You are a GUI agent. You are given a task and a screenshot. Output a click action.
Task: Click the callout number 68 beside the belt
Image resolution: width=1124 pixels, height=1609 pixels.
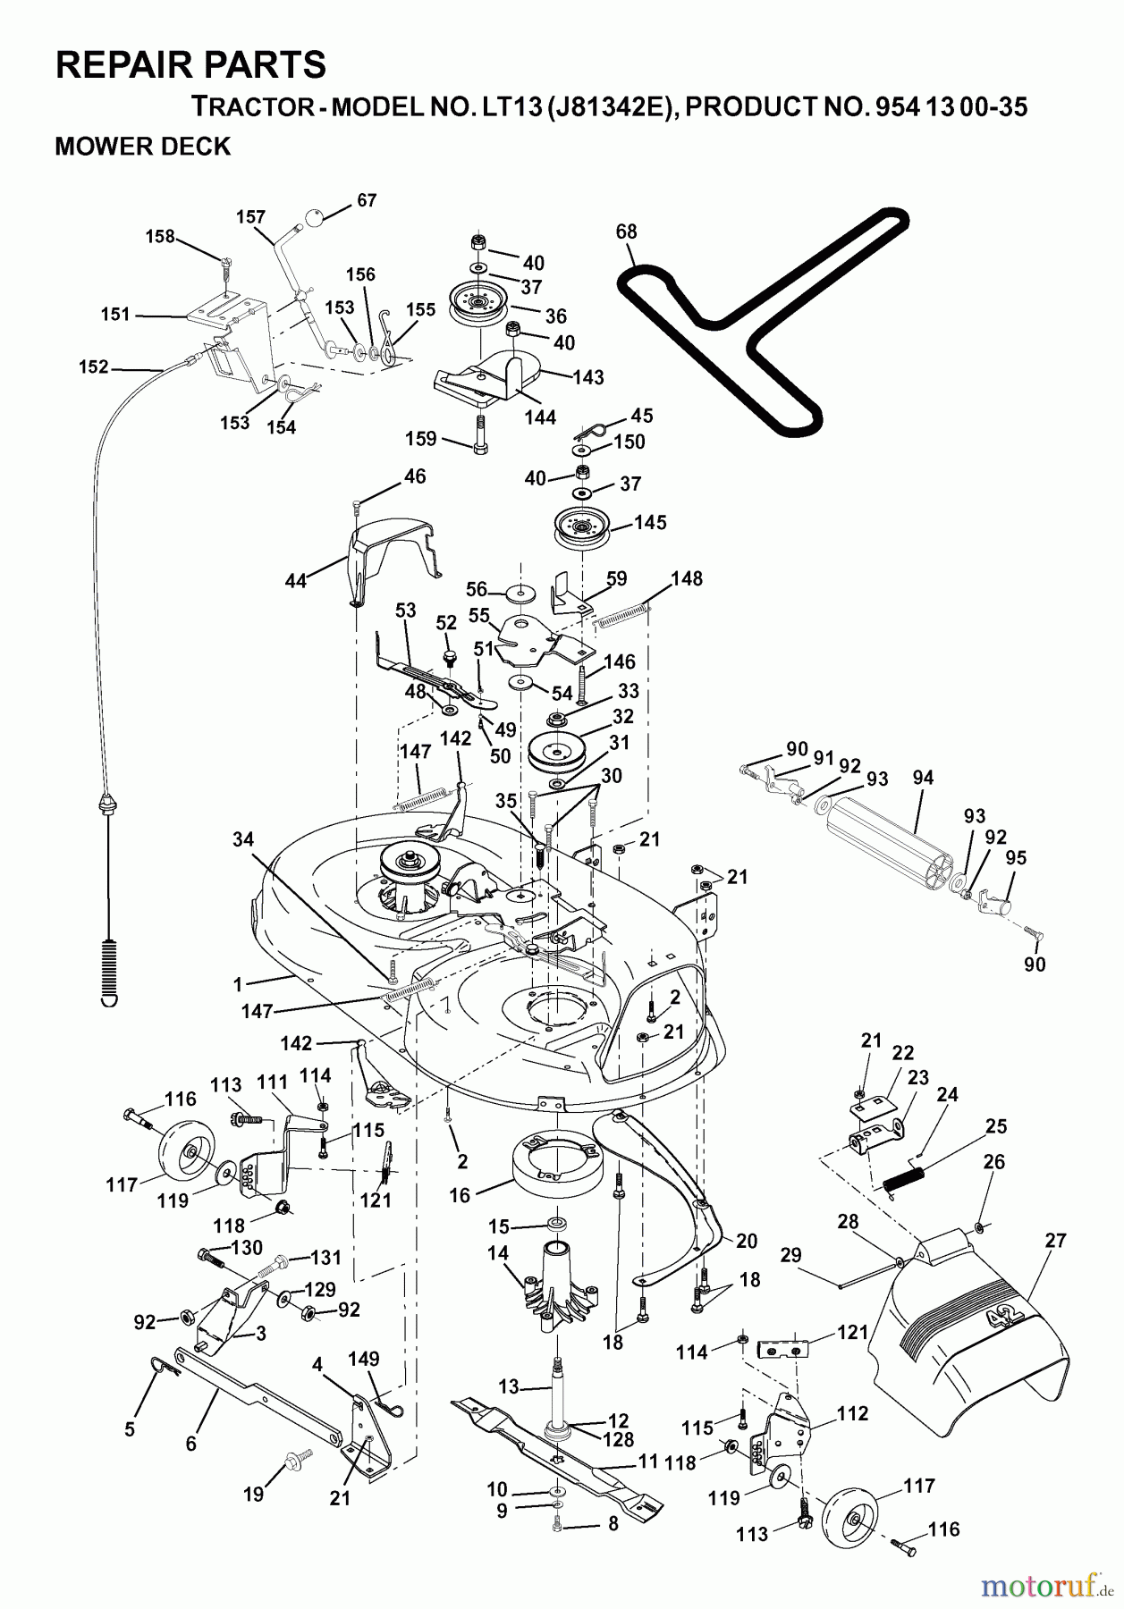click(626, 232)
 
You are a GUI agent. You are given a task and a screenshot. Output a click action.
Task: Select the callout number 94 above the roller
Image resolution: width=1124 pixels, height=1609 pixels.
click(923, 778)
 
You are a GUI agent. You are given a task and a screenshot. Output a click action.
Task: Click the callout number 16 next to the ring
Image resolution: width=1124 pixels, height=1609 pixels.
click(459, 1195)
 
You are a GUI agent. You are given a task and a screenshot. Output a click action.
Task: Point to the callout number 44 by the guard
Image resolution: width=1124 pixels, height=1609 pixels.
click(295, 581)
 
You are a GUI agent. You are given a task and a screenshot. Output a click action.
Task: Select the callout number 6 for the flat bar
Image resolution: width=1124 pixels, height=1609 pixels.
click(190, 1443)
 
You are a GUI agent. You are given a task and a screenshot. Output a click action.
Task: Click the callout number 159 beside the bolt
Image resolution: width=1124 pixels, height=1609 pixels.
click(420, 439)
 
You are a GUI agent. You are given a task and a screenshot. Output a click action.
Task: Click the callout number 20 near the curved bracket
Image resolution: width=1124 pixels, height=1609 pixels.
click(746, 1241)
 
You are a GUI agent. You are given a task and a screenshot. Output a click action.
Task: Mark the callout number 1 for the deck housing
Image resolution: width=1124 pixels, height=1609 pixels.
click(238, 984)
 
